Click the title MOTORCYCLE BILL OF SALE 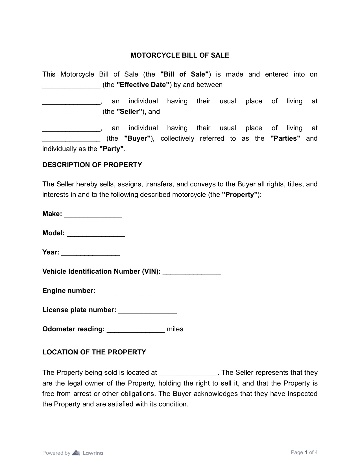(x=180, y=55)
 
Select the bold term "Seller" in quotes (x=129, y=112)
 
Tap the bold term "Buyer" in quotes (x=137, y=138)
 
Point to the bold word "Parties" (x=285, y=138)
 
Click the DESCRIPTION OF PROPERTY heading (x=92, y=165)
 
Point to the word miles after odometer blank (x=175, y=329)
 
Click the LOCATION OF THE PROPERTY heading (x=94, y=352)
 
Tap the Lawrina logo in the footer (x=88, y=453)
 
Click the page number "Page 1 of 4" (x=304, y=452)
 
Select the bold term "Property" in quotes (x=240, y=195)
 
